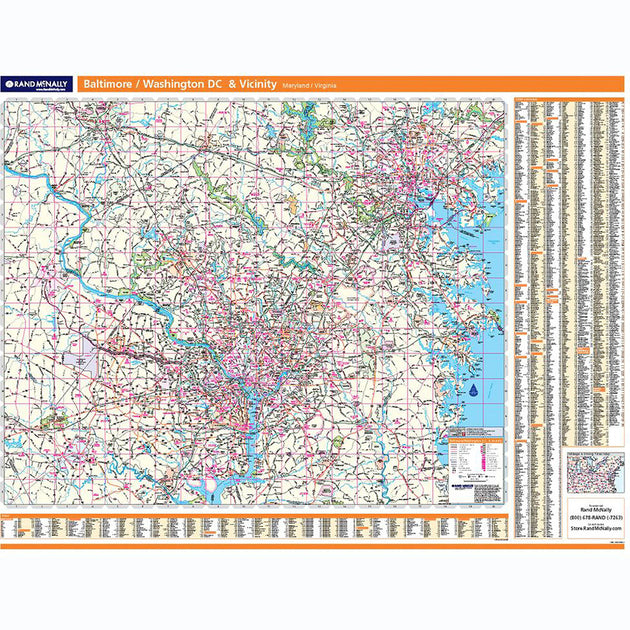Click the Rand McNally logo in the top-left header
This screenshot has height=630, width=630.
[x=37, y=85]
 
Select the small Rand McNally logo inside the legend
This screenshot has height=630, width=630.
[x=461, y=487]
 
